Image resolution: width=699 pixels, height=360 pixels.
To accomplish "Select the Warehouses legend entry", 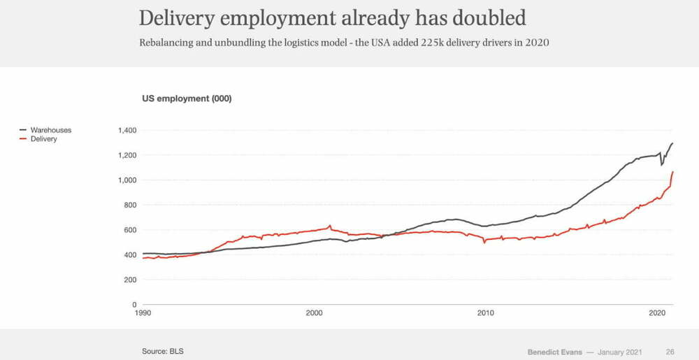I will click(50, 130).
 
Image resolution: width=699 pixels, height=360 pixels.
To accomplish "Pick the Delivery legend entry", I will click(43, 139).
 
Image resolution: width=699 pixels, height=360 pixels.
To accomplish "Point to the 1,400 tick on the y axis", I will click(127, 130).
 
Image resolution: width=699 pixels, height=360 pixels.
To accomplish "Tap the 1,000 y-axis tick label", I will click(127, 180).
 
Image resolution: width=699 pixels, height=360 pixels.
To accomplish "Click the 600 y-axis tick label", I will click(129, 230).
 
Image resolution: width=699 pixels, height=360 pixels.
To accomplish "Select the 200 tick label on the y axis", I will click(129, 280).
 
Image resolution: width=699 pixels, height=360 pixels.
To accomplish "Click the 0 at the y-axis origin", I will click(134, 305).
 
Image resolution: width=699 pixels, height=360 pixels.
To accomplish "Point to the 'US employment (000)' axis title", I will click(187, 99).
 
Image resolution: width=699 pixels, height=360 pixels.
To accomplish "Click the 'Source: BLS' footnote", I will click(163, 350).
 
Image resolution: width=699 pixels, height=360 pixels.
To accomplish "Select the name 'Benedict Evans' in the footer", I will click(554, 351).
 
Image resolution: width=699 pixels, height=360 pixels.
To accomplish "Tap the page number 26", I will click(670, 351).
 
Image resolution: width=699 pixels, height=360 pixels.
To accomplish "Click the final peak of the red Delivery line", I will click(672, 172).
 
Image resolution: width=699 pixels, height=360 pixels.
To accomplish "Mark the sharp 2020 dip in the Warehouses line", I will click(661, 165).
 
